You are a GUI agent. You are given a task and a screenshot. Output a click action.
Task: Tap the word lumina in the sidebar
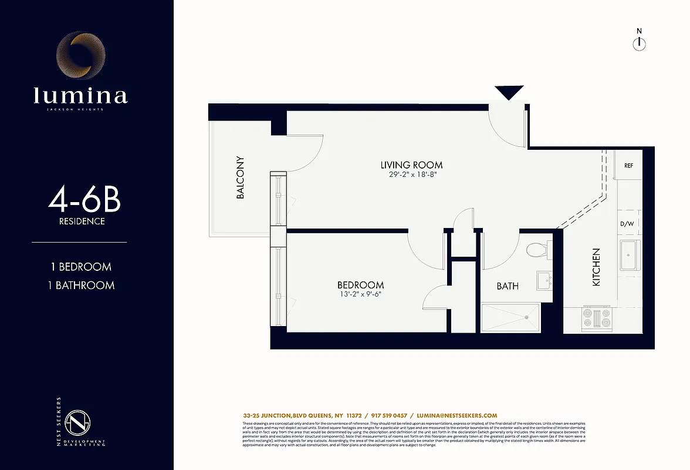pos(80,95)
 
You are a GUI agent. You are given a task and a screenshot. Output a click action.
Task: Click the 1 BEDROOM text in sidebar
pos(81,267)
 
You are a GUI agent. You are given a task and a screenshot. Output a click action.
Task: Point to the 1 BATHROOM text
pos(81,286)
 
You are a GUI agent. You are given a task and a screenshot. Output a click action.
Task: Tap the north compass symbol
pos(639,43)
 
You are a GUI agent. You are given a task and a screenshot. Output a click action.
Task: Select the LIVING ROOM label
pos(411,165)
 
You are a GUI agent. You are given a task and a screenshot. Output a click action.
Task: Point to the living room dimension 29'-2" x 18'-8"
pos(411,176)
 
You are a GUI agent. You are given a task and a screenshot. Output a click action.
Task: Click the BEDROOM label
pos(361,285)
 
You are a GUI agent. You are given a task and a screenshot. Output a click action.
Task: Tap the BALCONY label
pos(240,177)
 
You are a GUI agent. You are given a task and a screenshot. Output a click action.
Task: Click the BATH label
pos(508,286)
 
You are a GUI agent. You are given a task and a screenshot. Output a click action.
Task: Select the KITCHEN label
pos(596,267)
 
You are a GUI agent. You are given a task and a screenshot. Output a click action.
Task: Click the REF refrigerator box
pos(628,165)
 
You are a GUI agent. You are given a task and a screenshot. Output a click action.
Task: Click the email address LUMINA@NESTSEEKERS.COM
pos(457,415)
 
